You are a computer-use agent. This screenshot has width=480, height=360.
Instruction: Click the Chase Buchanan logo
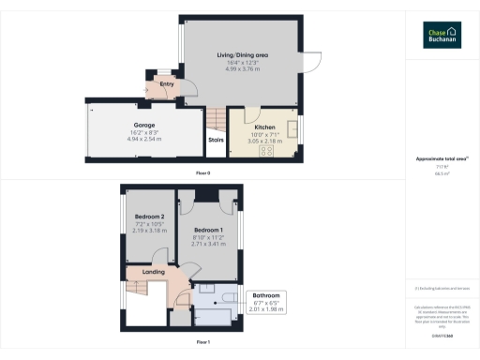[442, 34]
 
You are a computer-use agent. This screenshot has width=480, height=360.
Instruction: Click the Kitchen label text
[263, 126]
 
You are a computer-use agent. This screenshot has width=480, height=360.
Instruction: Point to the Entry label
[167, 84]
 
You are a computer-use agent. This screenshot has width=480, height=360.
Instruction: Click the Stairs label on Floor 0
[215, 142]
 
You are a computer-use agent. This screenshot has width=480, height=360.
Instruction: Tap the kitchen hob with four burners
[266, 151]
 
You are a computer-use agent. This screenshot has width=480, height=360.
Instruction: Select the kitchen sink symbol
[293, 129]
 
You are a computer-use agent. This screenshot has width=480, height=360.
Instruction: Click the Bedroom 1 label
[208, 230]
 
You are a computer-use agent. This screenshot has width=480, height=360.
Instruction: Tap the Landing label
[153, 273]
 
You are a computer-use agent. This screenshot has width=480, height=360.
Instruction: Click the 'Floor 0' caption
[202, 173]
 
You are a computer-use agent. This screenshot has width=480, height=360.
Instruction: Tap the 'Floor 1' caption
[202, 343]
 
